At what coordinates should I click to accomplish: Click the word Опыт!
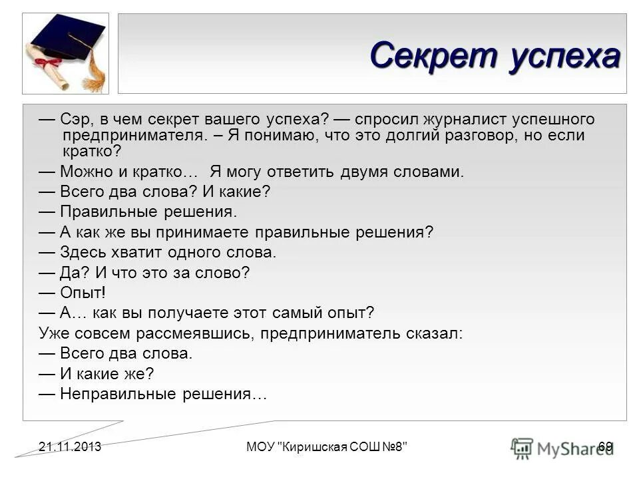83,293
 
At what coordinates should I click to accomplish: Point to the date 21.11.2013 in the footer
69,446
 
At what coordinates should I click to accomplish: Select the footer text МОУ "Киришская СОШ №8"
326,446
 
